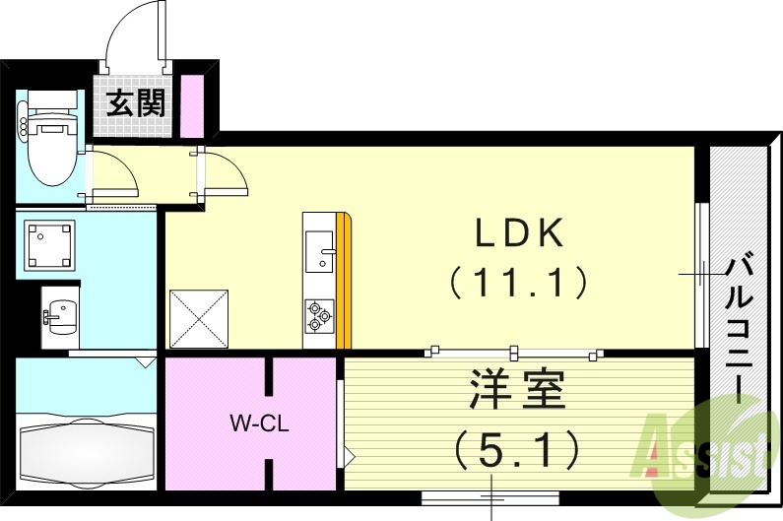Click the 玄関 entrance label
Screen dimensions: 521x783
(137, 102)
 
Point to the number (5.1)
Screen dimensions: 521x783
(516, 451)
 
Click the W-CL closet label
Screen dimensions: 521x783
(258, 425)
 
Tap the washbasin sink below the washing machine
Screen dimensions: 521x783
(57, 315)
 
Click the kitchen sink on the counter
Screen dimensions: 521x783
(319, 250)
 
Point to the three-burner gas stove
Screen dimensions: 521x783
(318, 314)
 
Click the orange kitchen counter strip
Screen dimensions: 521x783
(343, 282)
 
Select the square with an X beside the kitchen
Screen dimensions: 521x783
(199, 319)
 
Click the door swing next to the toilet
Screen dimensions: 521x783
(112, 174)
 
